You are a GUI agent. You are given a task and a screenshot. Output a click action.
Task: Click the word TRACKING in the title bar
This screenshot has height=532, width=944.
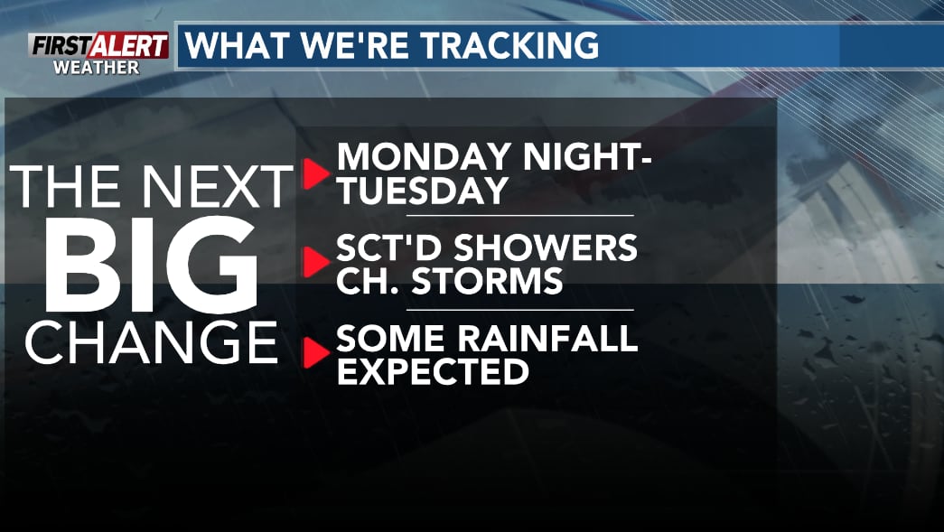[509, 46]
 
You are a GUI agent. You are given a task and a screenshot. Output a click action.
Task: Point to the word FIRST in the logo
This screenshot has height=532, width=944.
[61, 46]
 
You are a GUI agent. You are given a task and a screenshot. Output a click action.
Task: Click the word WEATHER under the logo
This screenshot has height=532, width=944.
[97, 68]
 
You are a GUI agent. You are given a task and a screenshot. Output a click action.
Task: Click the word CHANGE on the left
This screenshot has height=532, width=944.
[151, 341]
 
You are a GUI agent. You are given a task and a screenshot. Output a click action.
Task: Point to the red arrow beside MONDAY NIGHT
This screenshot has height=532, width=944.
[315, 174]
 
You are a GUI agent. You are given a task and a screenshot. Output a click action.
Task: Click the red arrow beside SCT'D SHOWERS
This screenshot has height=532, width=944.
[315, 262]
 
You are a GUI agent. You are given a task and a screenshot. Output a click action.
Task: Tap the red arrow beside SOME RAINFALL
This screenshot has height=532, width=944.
[315, 352]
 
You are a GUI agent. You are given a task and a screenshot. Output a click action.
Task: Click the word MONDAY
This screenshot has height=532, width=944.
[425, 157]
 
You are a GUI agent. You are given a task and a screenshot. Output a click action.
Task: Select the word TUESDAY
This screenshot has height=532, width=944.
[423, 191]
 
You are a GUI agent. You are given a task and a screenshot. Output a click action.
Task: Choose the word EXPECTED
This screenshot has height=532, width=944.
[433, 371]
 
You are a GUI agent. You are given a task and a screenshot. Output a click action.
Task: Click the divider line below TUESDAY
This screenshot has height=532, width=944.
[520, 215]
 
